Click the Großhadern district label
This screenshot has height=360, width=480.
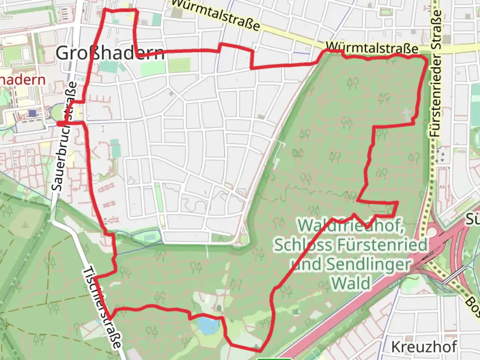(110, 53)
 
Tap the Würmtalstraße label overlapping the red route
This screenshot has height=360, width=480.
(372, 47)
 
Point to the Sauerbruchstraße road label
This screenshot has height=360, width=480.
(64, 137)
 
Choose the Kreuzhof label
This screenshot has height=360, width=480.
(424, 347)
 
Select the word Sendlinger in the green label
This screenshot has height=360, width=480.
(368, 264)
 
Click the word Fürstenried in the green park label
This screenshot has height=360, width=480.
(382, 245)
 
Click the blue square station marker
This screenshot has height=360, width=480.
(32, 113)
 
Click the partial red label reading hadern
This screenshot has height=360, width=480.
(22, 80)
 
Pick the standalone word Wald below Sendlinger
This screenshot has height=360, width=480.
(351, 283)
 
